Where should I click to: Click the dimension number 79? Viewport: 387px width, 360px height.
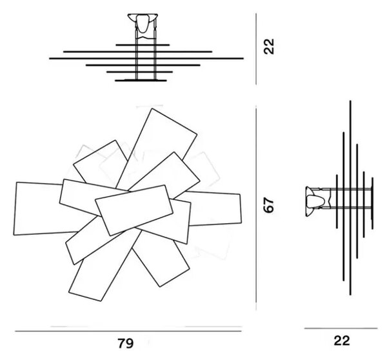click(126, 343)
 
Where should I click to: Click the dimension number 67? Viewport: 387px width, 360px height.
click(269, 205)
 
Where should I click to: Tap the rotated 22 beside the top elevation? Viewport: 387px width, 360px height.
click(269, 46)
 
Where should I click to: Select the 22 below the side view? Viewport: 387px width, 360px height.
click(342, 341)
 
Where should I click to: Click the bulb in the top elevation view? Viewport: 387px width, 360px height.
click(143, 23)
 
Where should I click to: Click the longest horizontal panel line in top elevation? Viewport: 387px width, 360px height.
click(146, 59)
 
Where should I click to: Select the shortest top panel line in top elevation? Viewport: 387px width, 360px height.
click(143, 45)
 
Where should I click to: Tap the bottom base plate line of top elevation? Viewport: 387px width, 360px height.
click(141, 81)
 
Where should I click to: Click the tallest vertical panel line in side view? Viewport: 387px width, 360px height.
click(350, 198)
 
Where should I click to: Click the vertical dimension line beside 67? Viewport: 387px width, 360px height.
click(256, 208)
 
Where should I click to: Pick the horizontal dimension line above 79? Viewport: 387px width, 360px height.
click(128, 331)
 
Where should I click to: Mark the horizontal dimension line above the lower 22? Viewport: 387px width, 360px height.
click(341, 328)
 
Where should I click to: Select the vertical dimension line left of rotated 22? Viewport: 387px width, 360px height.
click(256, 49)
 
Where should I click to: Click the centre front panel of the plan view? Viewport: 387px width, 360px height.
click(134, 210)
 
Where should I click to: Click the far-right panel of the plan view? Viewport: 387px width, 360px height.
click(215, 208)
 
